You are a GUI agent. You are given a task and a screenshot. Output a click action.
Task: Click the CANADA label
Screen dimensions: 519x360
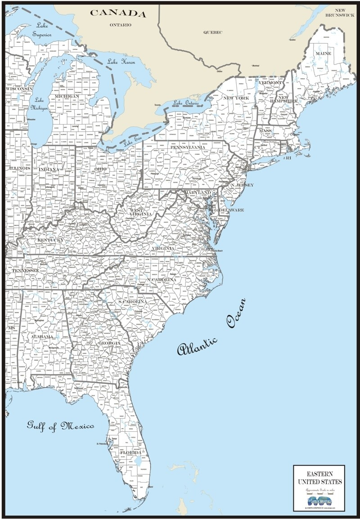pyautogui.click(x=118, y=13)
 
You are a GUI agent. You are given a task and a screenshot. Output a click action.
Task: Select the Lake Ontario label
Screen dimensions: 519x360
pyautogui.click(x=185, y=103)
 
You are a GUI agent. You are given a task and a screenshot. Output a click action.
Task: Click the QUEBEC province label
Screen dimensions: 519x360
pyautogui.click(x=213, y=32)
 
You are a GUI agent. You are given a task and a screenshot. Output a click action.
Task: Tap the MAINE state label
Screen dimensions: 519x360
pyautogui.click(x=323, y=54)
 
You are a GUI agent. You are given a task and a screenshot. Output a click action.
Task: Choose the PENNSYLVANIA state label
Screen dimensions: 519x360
pyautogui.click(x=188, y=147)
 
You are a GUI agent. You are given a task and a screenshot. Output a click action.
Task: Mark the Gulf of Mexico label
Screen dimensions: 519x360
pyautogui.click(x=60, y=425)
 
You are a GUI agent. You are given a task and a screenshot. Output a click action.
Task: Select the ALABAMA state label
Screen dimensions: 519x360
pyautogui.click(x=42, y=336)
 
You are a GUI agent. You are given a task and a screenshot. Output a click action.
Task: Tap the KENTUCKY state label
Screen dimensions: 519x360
pyautogui.click(x=50, y=241)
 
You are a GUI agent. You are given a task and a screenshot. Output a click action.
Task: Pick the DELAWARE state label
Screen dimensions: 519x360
pyautogui.click(x=231, y=210)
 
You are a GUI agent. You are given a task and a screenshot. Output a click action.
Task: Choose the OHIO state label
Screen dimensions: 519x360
pyautogui.click(x=100, y=169)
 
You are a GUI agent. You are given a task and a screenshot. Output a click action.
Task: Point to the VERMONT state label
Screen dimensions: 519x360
pyautogui.click(x=270, y=83)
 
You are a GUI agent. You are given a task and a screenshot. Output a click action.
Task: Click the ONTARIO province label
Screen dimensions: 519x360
pyautogui.click(x=121, y=25)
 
